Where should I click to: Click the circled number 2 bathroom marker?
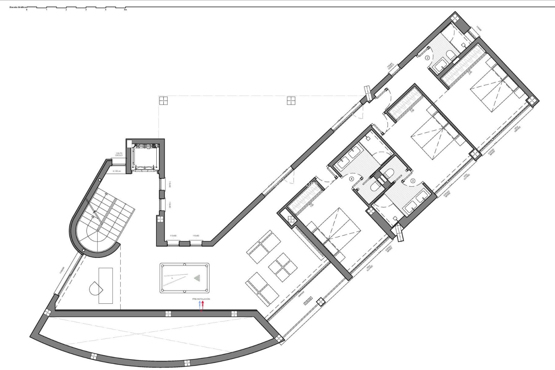pos(428,58)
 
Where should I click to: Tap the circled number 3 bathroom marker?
pos(413,181)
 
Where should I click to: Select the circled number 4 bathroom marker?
pos(351,179)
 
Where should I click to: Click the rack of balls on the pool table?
pos(197,278)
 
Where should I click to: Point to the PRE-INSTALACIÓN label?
pos(201,299)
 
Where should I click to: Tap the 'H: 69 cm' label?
pos(117,171)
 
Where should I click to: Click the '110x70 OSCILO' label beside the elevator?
pos(119,154)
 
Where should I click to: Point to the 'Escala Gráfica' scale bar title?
pos(18,7)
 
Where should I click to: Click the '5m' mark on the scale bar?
pos(125,10)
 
